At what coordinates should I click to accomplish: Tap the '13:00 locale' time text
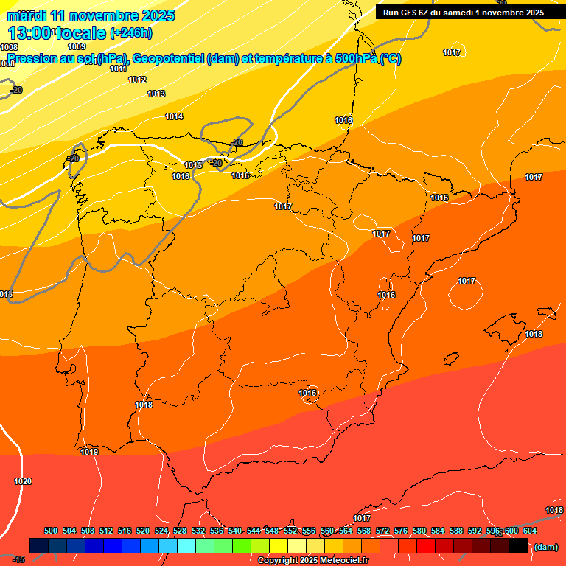tap(56, 32)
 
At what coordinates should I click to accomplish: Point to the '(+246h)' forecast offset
tap(130, 33)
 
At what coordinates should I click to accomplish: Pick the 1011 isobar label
tap(118, 69)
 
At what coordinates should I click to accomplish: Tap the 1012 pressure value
tap(137, 80)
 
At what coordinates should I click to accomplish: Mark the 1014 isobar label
tap(174, 116)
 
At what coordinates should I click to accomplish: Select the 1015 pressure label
tap(193, 165)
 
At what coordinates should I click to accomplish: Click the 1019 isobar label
tap(89, 452)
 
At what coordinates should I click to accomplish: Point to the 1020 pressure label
tap(23, 481)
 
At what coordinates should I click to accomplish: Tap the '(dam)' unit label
tap(545, 547)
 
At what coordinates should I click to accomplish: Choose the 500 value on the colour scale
tap(51, 531)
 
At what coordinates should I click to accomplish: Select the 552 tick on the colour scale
tap(290, 531)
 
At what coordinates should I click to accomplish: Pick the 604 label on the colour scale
tap(530, 531)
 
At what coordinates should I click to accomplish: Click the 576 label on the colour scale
tap(401, 531)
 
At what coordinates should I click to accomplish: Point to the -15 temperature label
tap(18, 559)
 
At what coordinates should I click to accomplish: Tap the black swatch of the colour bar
tap(518, 545)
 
